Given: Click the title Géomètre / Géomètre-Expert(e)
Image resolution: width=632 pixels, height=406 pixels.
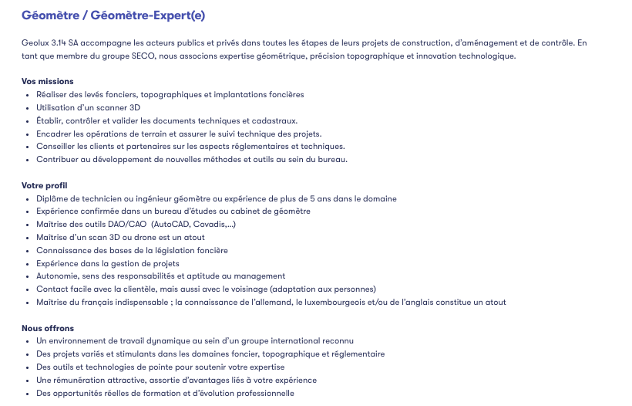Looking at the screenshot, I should [x=113, y=15].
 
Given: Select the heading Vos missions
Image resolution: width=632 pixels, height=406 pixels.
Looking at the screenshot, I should [x=48, y=81].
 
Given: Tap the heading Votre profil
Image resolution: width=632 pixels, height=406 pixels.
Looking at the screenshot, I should [x=45, y=185].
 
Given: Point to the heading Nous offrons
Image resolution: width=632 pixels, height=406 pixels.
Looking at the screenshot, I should [x=48, y=328].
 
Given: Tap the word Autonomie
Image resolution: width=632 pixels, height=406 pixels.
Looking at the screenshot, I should [x=56, y=276].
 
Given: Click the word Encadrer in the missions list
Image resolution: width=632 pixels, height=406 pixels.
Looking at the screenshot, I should [x=54, y=134].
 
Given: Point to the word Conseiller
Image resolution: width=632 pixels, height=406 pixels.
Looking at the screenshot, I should [x=56, y=147].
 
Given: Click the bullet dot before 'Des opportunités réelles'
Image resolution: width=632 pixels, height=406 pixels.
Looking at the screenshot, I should [x=28, y=393].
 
